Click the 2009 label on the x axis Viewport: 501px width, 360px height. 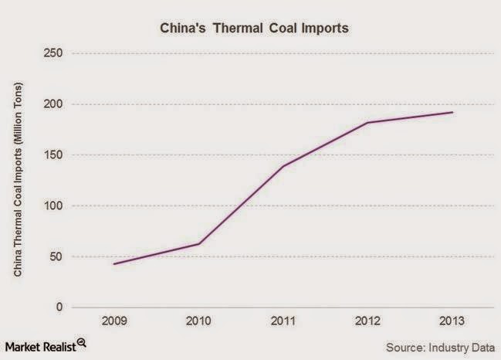coord(115,321)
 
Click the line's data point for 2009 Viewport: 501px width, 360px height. coord(115,264)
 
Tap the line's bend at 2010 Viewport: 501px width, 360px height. coord(199,244)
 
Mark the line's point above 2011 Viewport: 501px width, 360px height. coord(283,166)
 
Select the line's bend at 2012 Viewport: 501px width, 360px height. coord(367,123)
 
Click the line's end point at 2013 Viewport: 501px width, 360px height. coord(452,112)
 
